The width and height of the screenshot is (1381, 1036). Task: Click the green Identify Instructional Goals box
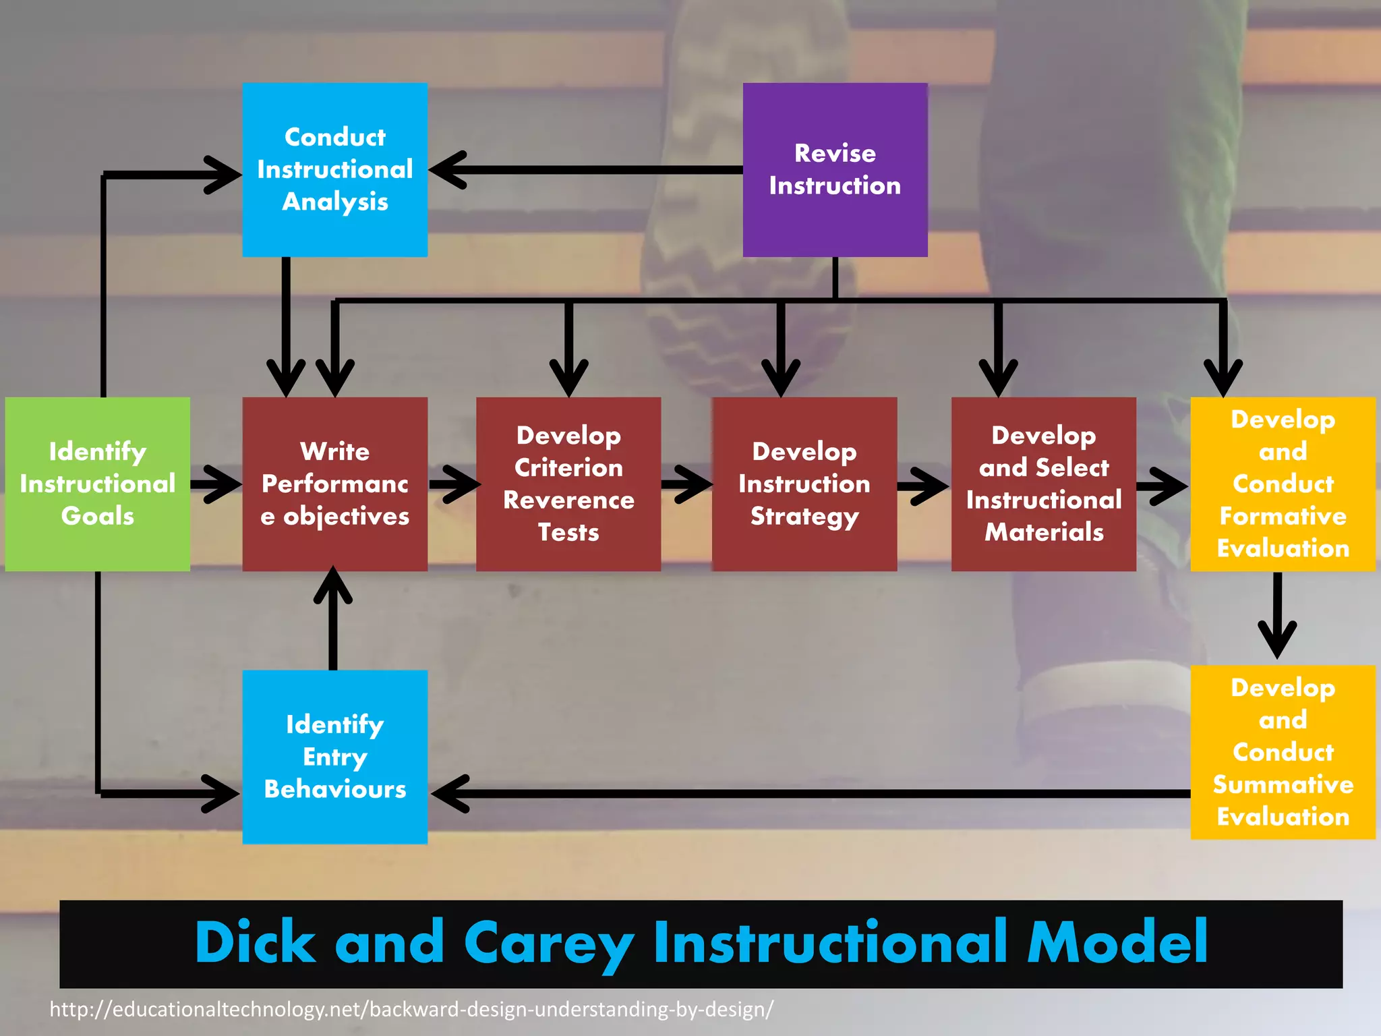[97, 484]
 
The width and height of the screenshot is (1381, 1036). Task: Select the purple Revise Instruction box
[835, 169]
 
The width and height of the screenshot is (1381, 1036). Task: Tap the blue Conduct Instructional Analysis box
[334, 169]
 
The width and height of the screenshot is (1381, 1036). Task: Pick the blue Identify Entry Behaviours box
[334, 756]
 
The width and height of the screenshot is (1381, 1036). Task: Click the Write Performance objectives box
[334, 484]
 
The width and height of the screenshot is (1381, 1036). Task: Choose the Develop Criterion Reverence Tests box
[568, 484]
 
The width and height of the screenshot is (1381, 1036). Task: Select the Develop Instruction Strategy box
[804, 484]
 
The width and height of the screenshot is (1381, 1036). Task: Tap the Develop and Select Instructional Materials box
[1043, 484]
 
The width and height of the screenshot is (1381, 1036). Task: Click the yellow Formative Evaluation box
[1282, 484]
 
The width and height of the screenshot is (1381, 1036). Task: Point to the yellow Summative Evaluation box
[1282, 752]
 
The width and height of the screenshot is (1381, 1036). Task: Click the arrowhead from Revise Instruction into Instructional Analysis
[448, 169]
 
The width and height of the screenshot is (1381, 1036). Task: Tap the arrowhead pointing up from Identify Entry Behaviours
[333, 585]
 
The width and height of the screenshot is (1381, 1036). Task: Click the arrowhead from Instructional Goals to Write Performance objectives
[223, 484]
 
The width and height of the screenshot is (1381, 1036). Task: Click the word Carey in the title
[548, 943]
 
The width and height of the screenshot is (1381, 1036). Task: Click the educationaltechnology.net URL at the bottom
[411, 1009]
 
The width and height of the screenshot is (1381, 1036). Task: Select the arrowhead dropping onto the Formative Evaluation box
[1223, 378]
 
